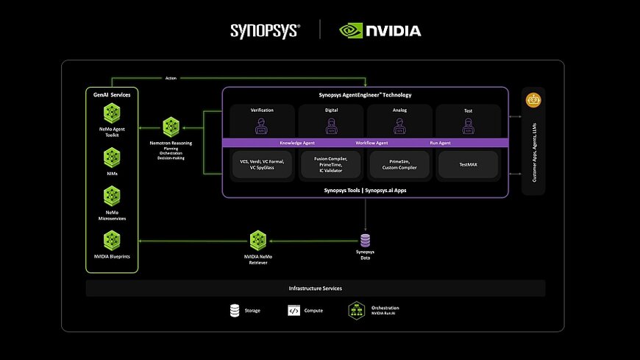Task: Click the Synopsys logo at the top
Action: point(265,30)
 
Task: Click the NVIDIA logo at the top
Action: point(380,30)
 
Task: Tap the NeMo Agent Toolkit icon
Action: point(112,113)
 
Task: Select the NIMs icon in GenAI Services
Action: point(112,155)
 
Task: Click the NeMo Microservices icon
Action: point(112,195)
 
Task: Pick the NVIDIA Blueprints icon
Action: point(112,239)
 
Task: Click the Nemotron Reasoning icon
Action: point(171,126)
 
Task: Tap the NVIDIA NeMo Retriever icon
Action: point(257,239)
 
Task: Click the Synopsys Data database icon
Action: point(365,240)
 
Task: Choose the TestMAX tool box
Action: point(468,164)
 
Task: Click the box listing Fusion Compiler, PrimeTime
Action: point(330,164)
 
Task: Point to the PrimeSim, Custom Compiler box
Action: point(399,164)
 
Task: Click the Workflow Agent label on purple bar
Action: point(371,143)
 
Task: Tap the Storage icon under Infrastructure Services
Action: point(234,311)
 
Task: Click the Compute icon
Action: point(294,311)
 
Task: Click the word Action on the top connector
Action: point(171,78)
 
